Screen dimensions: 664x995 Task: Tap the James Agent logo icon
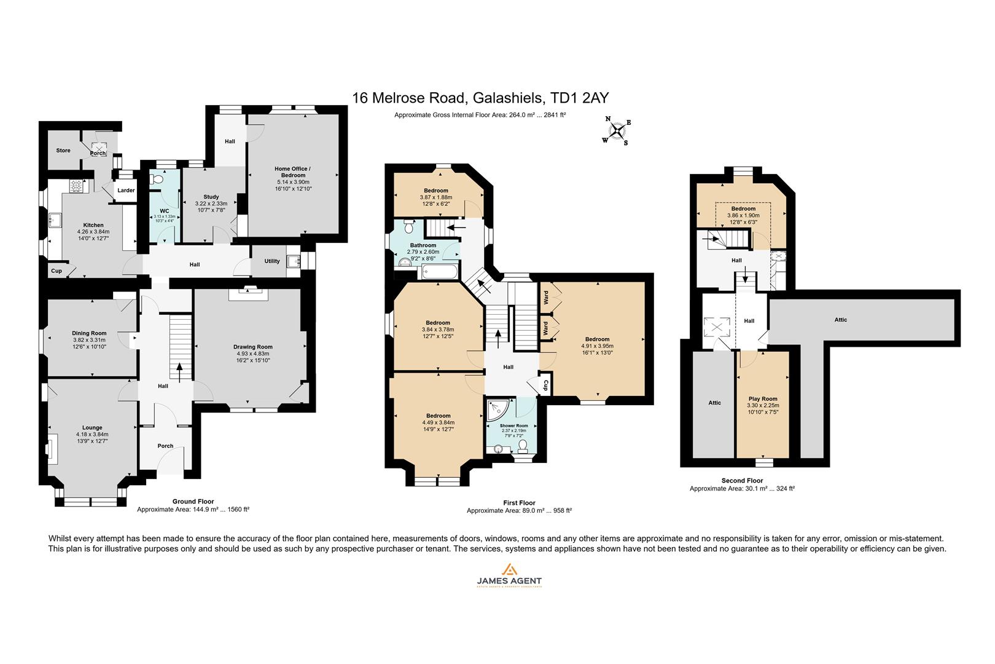(509, 569)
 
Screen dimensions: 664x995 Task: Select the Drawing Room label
(253, 346)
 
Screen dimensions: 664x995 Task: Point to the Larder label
(126, 190)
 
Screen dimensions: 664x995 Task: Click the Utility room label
(272, 261)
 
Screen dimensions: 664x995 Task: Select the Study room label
(211, 197)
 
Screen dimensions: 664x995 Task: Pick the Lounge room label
(92, 427)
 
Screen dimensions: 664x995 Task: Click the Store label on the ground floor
(63, 150)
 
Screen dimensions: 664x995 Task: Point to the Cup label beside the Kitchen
(57, 271)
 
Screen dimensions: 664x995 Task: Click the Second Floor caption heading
(742, 481)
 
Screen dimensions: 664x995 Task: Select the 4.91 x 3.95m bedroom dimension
(597, 346)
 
